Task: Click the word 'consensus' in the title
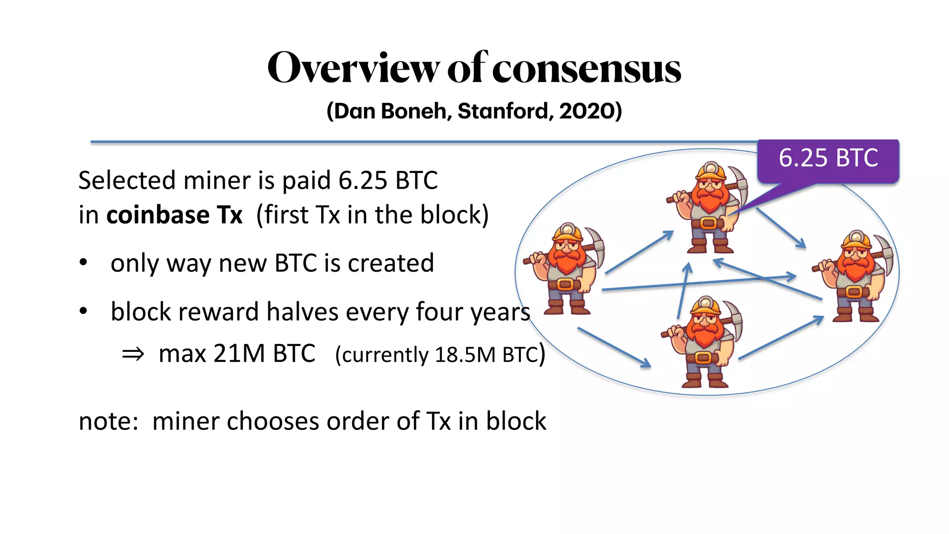[x=586, y=69]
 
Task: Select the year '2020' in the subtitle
[x=587, y=111]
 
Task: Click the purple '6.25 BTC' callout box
[x=828, y=159]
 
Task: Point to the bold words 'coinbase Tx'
[x=174, y=215]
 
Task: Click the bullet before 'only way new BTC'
[x=83, y=263]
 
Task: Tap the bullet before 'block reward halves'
[x=83, y=311]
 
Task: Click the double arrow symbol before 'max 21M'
[x=133, y=354]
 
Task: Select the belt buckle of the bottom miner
[x=703, y=357]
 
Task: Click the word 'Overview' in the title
[x=353, y=69]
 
